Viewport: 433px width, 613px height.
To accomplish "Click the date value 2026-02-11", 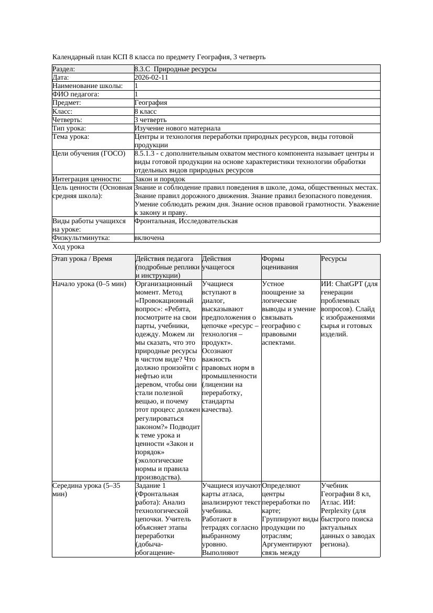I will [x=151, y=78].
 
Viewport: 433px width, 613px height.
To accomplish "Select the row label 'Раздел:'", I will [x=64, y=69].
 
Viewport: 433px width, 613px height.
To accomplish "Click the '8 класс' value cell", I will [x=146, y=112].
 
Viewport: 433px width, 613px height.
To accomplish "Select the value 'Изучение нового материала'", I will [x=177, y=128].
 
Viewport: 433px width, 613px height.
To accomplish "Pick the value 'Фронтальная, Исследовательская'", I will [x=186, y=221].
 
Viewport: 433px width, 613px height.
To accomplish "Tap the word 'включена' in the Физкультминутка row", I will [x=149, y=238].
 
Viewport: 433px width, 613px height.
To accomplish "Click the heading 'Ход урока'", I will [x=69, y=247].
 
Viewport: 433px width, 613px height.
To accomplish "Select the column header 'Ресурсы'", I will [x=334, y=259].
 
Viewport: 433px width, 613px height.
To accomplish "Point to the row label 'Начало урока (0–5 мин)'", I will [x=90, y=284].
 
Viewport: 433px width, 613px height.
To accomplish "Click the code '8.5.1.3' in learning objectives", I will [x=146, y=154].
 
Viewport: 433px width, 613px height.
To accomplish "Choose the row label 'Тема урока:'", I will [x=71, y=137].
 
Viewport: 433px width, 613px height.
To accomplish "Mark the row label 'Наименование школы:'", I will [x=88, y=86].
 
